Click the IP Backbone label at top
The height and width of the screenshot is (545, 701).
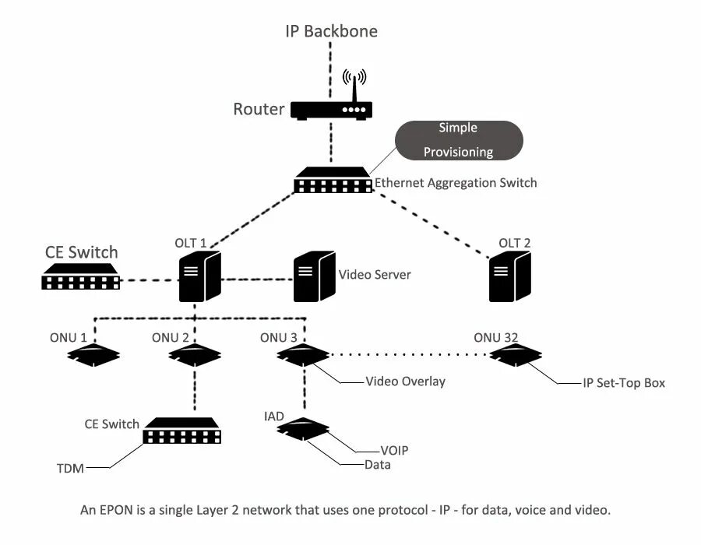(x=330, y=31)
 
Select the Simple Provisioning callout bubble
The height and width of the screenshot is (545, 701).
(x=458, y=140)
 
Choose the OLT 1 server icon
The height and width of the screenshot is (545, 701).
(x=200, y=276)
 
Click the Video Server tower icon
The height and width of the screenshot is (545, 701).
(x=314, y=276)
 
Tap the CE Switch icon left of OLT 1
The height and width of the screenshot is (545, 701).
(x=80, y=276)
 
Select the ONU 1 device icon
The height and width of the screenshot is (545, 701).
(x=93, y=355)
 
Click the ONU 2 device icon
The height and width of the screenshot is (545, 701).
(x=195, y=355)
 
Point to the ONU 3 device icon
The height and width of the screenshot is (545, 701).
(x=304, y=355)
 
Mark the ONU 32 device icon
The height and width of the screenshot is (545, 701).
(x=516, y=355)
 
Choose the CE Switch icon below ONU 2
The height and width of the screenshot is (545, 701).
(x=181, y=431)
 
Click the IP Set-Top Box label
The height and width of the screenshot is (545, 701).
(x=624, y=383)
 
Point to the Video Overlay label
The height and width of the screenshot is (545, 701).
(x=405, y=381)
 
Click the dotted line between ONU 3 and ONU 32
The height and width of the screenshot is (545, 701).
(x=410, y=355)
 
